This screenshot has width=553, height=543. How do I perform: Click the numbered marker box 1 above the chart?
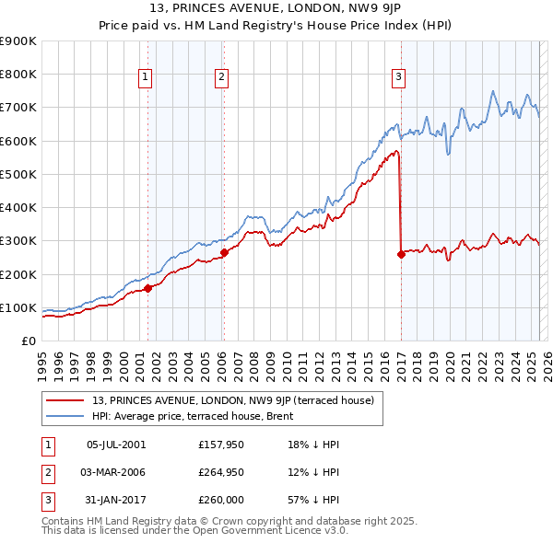(147, 78)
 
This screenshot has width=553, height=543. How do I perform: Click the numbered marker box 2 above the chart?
(222, 78)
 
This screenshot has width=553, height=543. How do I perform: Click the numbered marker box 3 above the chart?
(399, 78)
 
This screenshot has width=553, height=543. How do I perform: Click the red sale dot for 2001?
(147, 288)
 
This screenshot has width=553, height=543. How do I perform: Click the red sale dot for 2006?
(224, 252)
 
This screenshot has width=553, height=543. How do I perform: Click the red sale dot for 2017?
(401, 254)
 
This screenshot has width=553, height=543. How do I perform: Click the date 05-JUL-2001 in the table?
(116, 445)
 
